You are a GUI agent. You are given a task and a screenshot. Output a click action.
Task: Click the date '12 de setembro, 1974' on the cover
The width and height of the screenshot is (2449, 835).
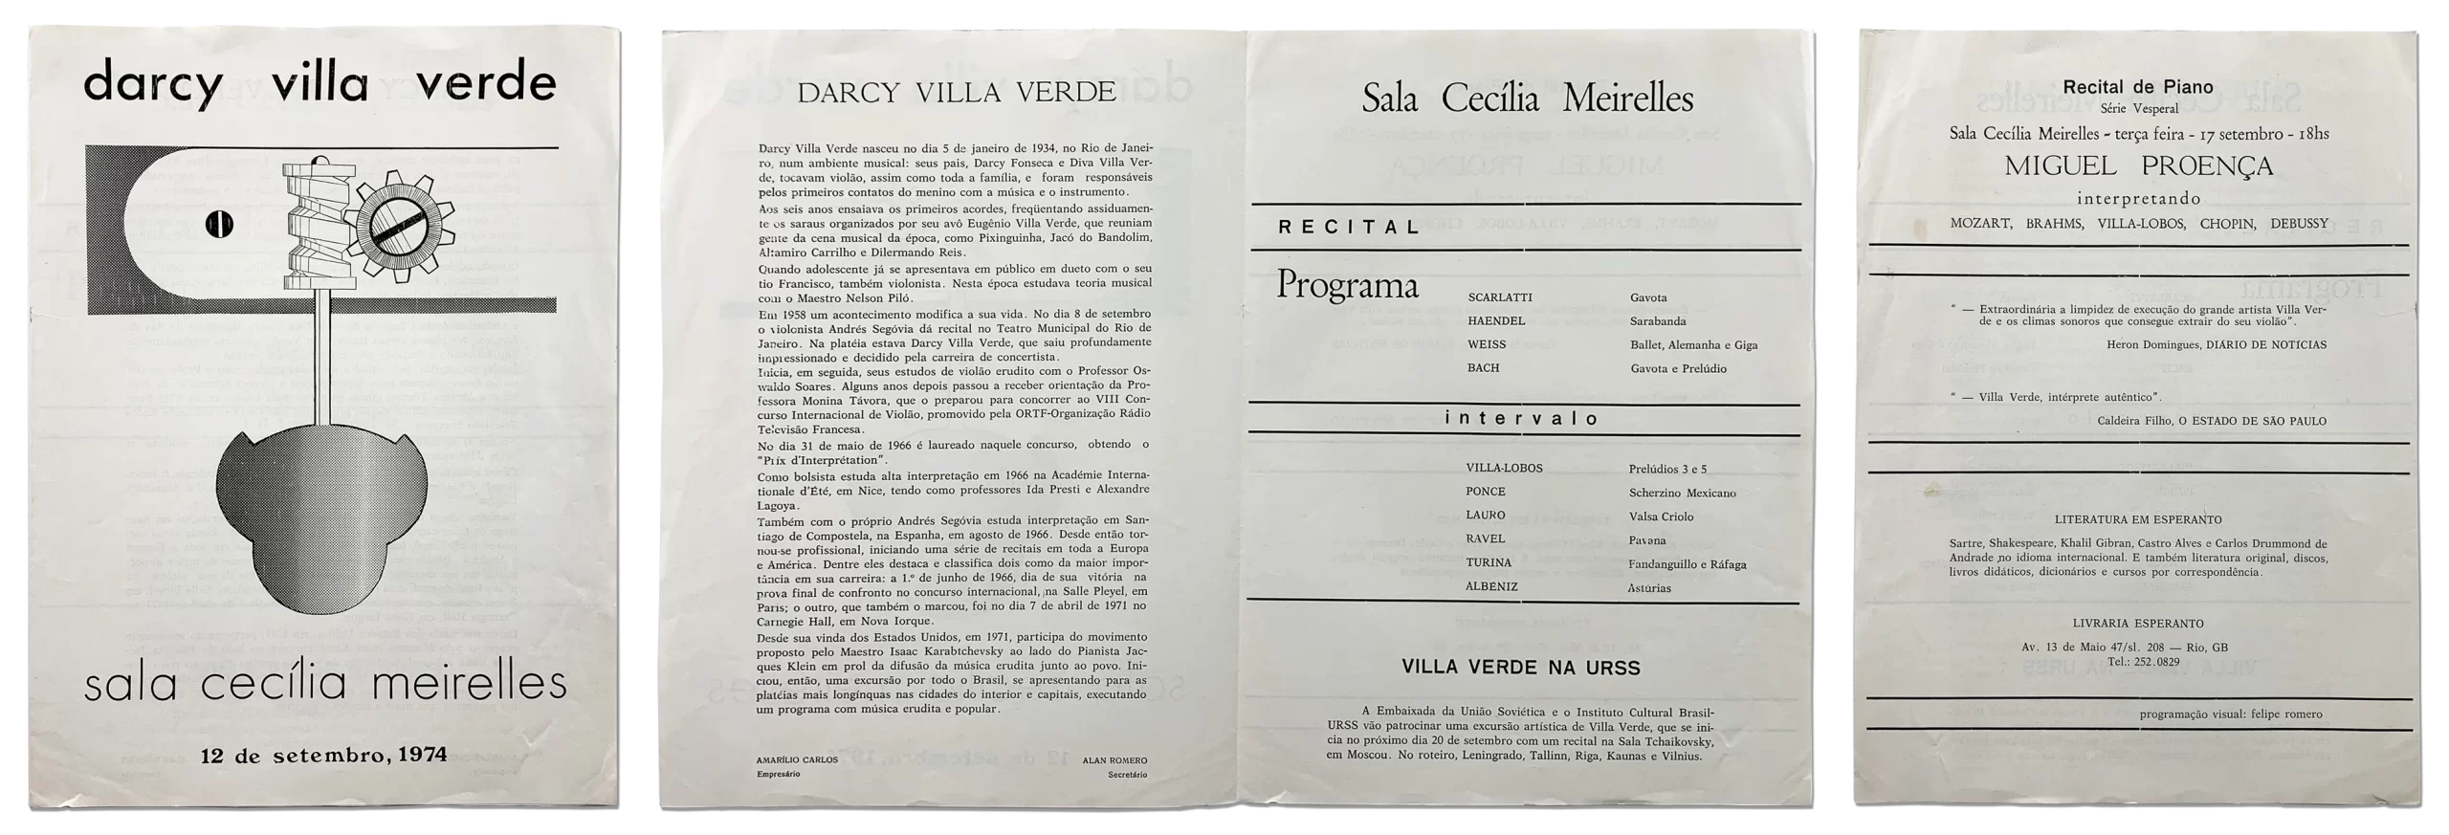323,755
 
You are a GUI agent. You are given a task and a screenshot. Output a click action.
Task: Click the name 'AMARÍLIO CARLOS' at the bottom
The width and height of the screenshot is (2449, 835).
797,760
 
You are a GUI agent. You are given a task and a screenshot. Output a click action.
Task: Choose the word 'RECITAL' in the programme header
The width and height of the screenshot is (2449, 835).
1349,228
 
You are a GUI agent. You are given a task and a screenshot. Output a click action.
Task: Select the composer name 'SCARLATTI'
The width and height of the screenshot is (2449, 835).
1499,297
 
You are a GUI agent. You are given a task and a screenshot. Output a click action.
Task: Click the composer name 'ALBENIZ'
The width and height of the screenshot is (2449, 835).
1490,586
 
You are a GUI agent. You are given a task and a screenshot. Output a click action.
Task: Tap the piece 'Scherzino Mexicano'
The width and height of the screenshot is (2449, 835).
1682,493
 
